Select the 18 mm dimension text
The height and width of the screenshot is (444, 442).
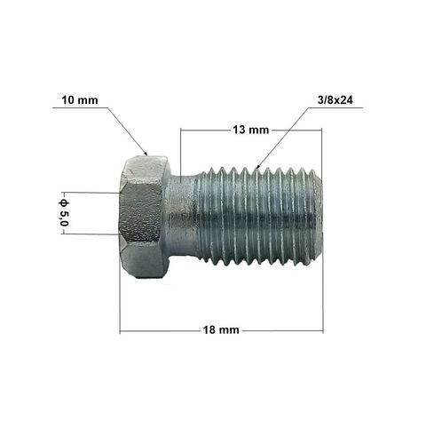[220, 331]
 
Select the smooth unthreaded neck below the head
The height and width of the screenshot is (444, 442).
[180, 216]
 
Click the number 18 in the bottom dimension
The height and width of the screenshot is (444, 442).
[209, 331]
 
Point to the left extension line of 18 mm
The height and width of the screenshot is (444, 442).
[120, 293]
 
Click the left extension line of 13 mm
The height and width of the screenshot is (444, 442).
[180, 151]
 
